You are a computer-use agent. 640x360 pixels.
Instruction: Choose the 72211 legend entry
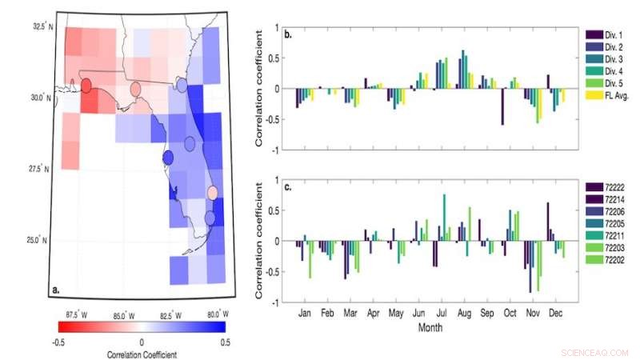[x=606, y=237]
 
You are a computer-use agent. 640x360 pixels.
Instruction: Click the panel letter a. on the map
[x=57, y=290]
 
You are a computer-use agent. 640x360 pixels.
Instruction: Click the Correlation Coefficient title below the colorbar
[x=142, y=353]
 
